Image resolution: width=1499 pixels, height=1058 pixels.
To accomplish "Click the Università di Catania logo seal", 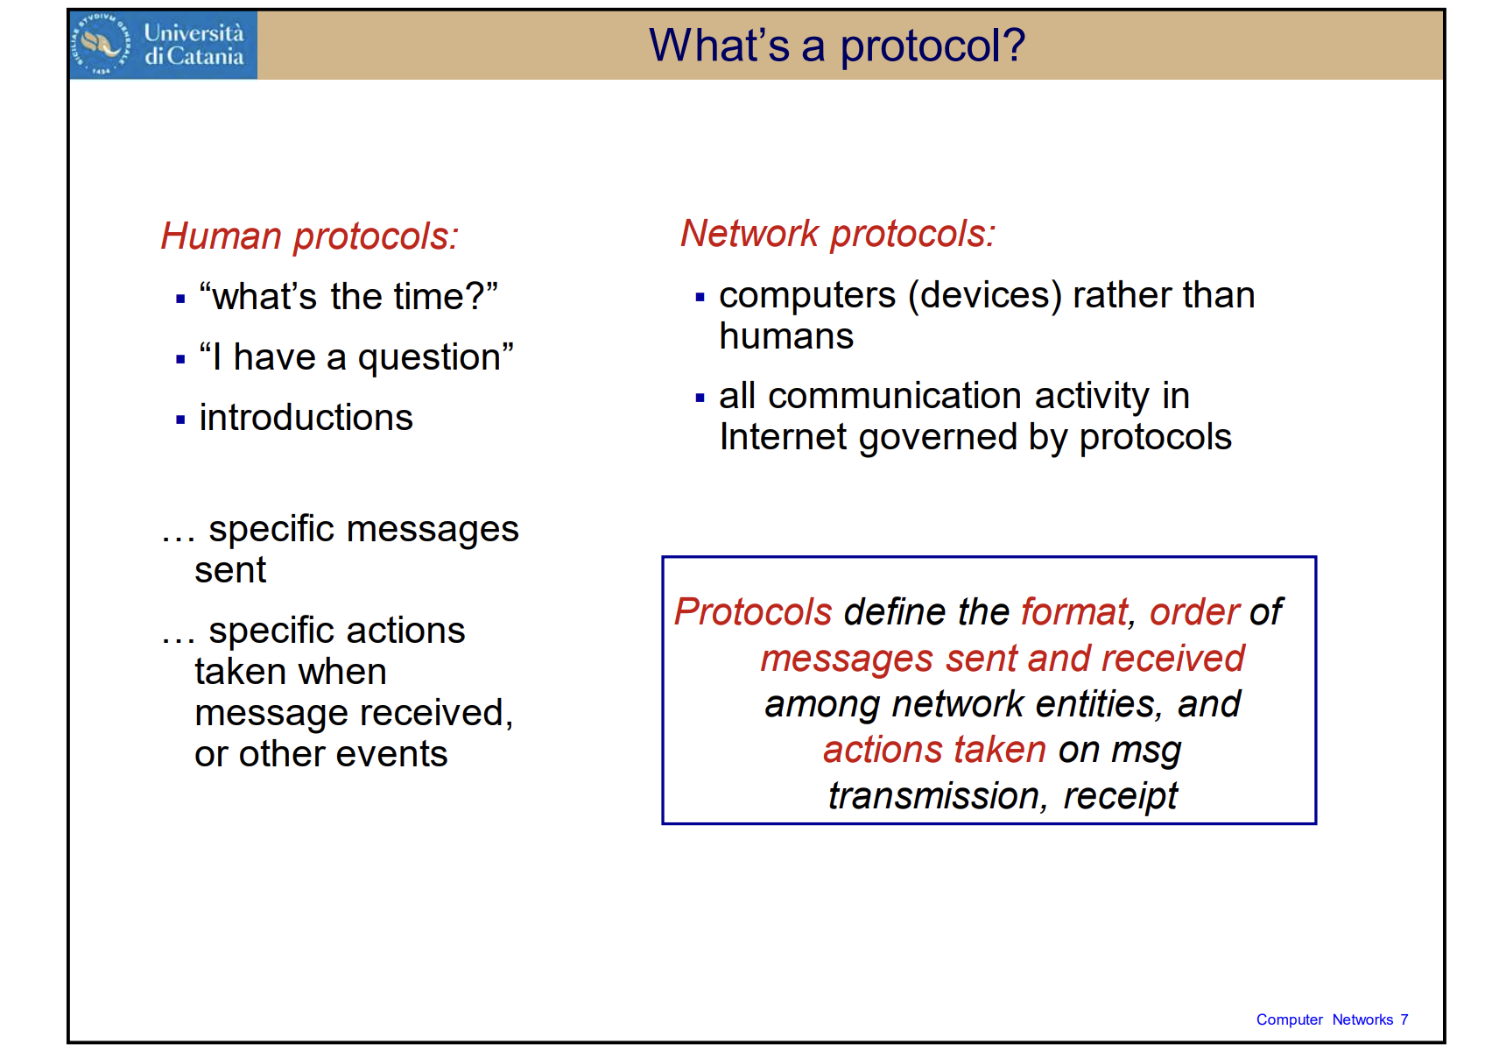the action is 102,44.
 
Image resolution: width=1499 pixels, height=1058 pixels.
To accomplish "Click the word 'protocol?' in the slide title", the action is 932,46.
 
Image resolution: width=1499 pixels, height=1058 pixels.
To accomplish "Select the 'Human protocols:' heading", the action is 310,236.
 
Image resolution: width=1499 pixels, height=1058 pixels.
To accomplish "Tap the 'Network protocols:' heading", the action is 838,234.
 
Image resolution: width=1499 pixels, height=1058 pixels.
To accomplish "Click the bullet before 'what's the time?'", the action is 180,299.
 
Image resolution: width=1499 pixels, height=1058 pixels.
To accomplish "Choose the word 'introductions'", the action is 306,418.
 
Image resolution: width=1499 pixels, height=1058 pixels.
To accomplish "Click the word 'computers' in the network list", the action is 807,296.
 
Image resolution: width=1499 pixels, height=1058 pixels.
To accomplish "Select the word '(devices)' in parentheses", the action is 985,296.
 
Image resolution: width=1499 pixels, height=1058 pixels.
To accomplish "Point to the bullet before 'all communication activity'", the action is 700,398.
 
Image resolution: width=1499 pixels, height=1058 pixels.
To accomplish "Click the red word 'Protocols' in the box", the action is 753,611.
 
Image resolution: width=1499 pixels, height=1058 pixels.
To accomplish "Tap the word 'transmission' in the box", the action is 933,795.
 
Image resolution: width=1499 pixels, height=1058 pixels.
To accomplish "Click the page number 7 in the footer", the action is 1404,1019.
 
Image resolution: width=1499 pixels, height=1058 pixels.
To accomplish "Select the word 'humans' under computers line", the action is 786,336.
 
